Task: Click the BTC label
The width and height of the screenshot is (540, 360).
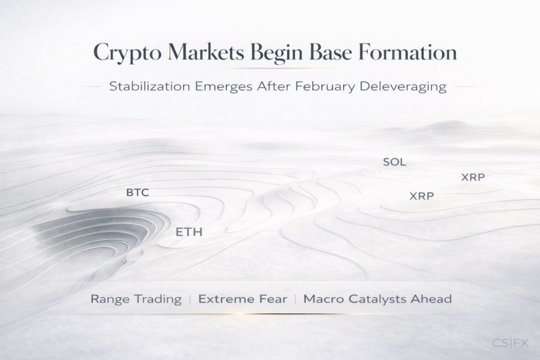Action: tap(138, 193)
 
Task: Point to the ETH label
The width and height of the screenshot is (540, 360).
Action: tap(189, 232)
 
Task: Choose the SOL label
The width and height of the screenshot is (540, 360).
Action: tap(394, 162)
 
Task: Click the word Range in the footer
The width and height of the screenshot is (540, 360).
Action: tap(109, 299)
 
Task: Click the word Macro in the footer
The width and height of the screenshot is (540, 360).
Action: tap(322, 299)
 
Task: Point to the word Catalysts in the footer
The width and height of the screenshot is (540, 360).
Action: tap(379, 299)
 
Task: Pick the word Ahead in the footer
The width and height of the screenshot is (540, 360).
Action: tap(434, 299)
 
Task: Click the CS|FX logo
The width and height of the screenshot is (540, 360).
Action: tap(510, 343)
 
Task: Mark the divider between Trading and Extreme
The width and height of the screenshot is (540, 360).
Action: tap(190, 299)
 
